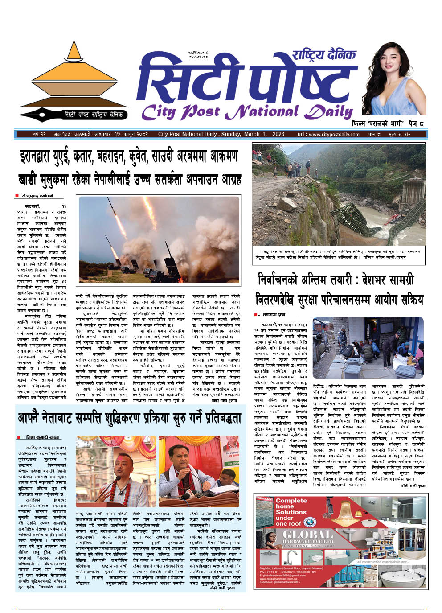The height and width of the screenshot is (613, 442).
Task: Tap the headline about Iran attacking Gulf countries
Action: coord(129,157)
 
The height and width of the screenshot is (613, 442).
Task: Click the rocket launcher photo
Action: coord(159,239)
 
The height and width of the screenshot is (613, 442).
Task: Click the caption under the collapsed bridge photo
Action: coord(339,255)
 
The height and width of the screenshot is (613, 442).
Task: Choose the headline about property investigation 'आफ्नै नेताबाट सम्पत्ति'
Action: coord(129,418)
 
